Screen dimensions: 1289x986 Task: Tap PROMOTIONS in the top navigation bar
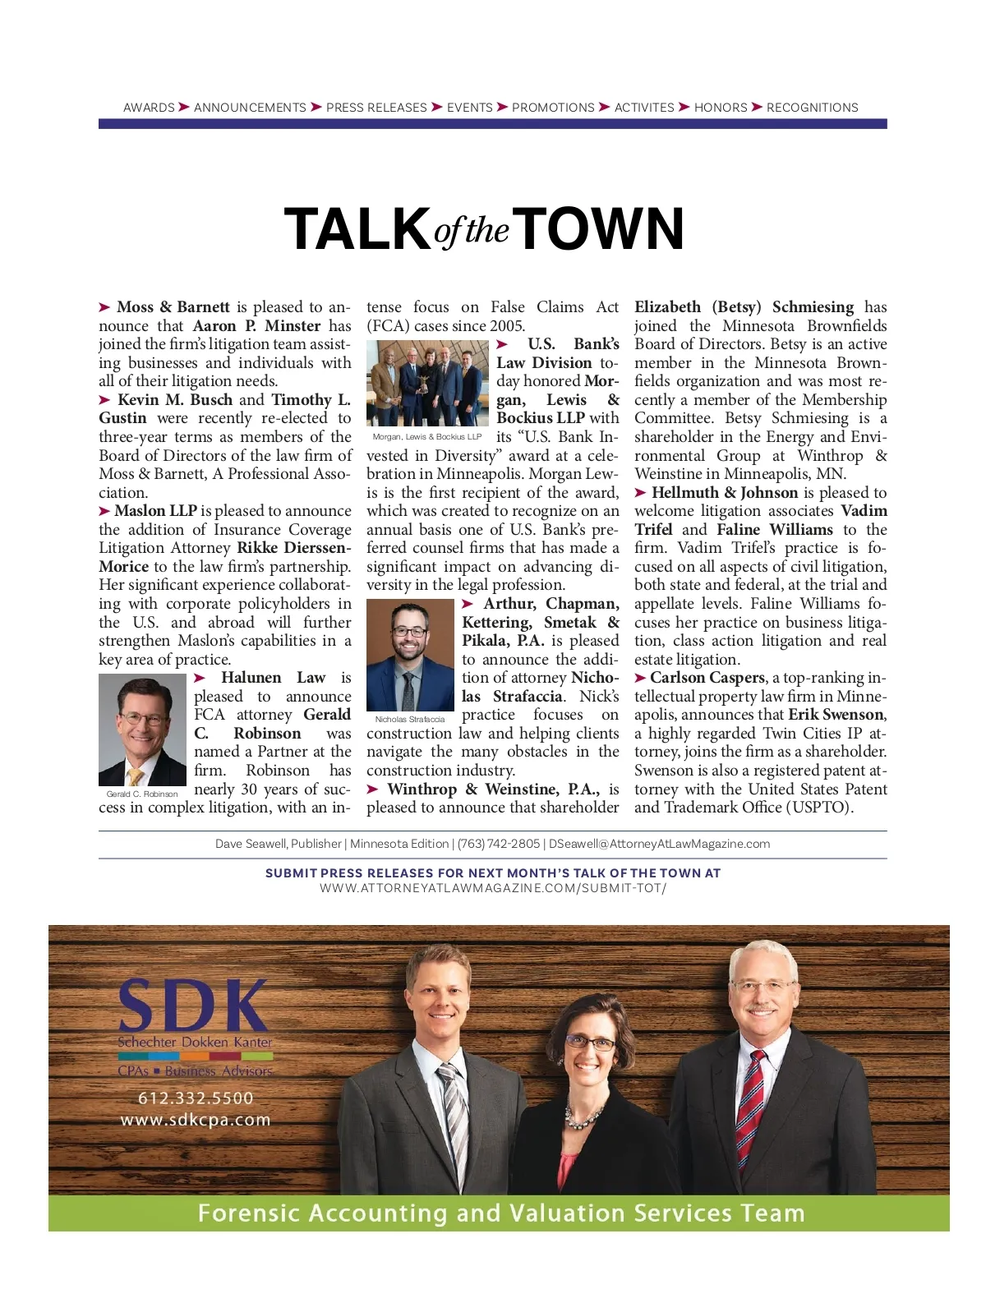(x=553, y=108)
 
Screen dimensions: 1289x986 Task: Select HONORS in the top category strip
(x=721, y=108)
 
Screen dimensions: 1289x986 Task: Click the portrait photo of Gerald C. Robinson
(x=142, y=730)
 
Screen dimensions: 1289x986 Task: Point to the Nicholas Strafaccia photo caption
(x=410, y=720)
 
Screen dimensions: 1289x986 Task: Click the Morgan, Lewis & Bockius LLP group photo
(x=427, y=383)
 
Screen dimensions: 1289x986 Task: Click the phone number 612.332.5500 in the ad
(x=196, y=1098)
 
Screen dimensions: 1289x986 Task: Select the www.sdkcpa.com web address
(x=196, y=1120)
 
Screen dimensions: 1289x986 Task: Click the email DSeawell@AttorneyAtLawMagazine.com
(x=659, y=844)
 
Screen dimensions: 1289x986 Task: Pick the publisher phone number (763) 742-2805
(x=499, y=844)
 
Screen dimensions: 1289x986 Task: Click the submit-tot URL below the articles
(x=493, y=888)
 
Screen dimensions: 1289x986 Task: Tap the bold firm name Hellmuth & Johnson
(x=725, y=493)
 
